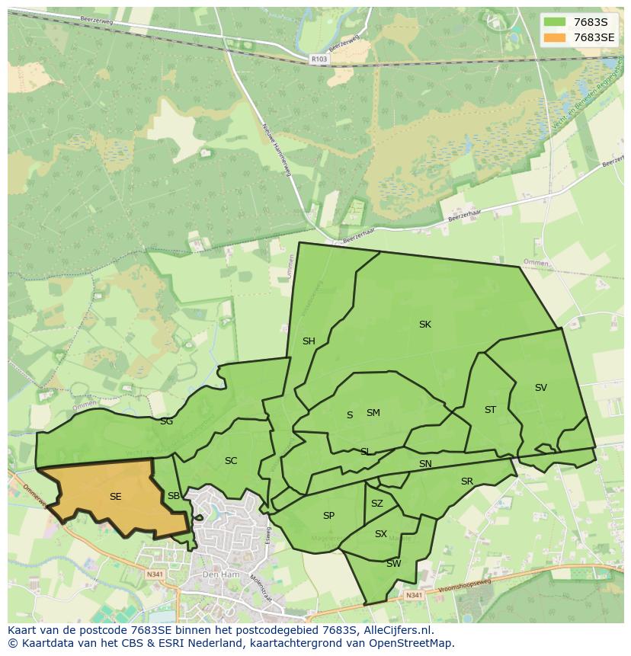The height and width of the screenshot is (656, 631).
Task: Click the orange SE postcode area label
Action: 115,497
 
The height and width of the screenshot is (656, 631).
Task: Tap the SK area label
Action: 425,325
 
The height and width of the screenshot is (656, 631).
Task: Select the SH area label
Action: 309,341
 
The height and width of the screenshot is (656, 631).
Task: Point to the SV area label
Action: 541,388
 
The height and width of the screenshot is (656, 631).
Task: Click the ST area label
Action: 490,410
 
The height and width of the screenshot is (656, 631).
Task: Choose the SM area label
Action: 373,413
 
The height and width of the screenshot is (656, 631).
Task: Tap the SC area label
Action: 231,461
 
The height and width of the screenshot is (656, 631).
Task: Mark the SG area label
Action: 166,421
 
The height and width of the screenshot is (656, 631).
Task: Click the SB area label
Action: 174,497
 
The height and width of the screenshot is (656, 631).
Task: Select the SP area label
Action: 328,516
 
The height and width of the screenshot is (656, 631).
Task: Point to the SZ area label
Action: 377,504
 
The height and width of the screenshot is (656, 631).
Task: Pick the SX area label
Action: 381,534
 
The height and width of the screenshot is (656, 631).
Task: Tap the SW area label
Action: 393,564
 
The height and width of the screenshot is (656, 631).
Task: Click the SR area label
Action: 467,482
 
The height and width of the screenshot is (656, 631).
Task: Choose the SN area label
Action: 425,464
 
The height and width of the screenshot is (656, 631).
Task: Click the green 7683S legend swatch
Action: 555,21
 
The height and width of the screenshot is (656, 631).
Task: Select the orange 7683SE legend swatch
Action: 555,37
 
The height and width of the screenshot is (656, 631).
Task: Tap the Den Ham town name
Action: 220,574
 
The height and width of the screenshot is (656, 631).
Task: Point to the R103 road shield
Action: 319,58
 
